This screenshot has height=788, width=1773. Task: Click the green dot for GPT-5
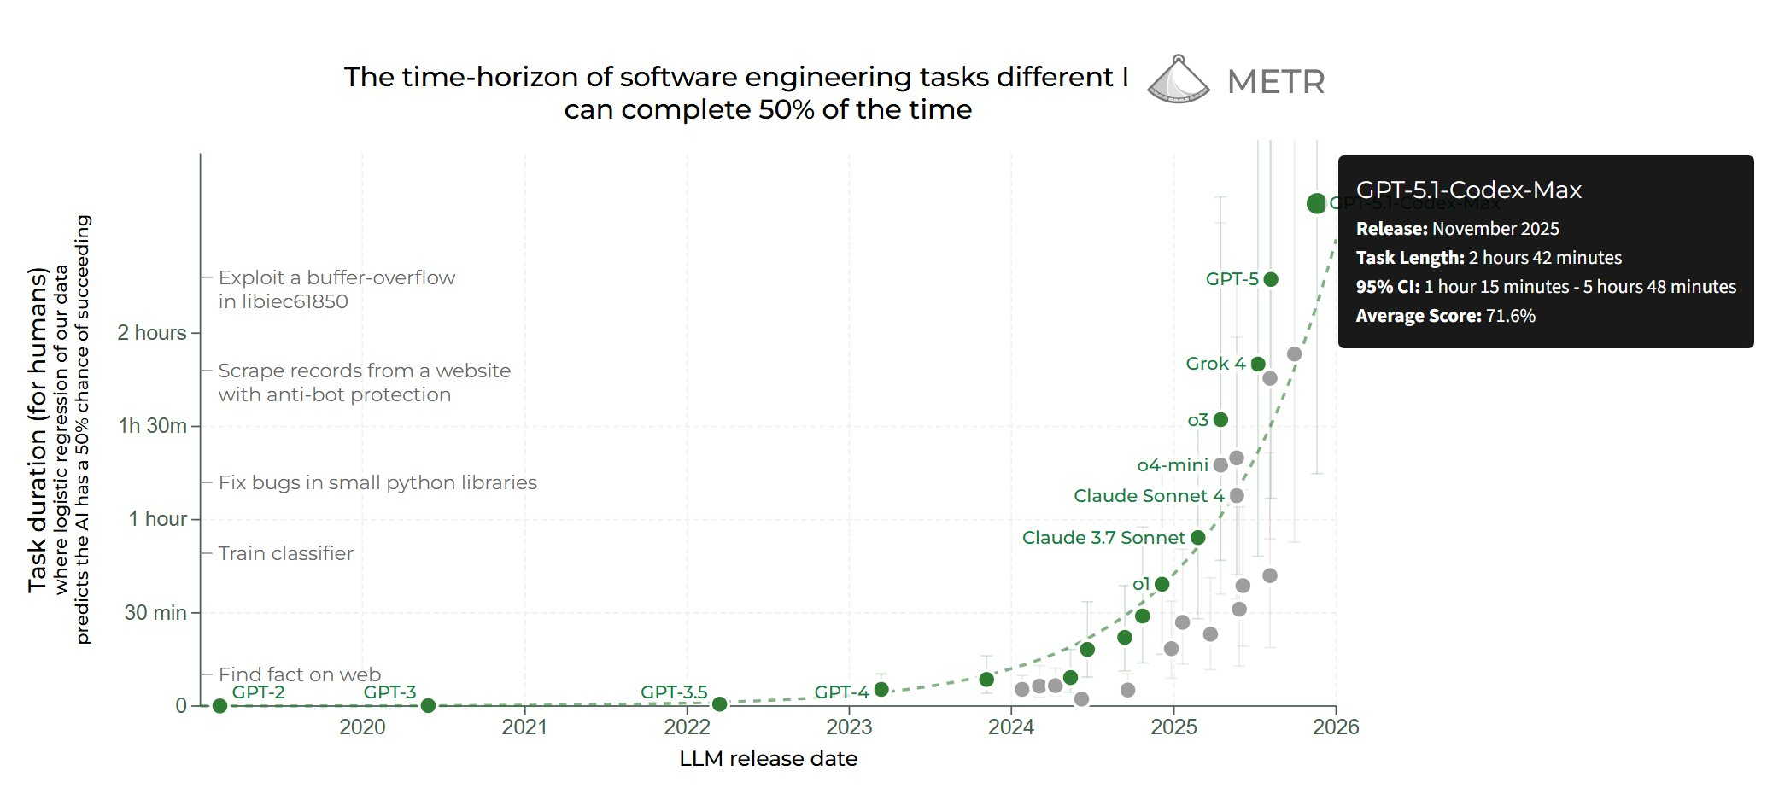1270,279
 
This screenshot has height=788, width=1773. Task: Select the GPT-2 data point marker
219,706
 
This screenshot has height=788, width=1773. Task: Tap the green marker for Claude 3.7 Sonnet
1197,538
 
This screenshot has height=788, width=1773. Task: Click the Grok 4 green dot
1257,364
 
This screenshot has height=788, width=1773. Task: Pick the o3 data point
1220,420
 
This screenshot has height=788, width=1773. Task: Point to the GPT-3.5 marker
719,704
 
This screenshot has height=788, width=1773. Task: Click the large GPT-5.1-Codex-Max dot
1316,203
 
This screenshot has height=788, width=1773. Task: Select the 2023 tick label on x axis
849,727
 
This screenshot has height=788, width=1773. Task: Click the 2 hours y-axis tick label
152,333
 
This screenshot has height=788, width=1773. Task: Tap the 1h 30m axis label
152,426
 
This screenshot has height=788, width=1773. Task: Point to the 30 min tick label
155,613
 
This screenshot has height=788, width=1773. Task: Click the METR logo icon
1178,80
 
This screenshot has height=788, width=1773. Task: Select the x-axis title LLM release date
768,759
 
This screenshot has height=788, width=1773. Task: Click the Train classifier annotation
285,553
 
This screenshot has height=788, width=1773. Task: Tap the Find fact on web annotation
300,674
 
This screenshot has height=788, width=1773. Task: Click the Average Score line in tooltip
1445,316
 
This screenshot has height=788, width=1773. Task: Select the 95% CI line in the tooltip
1545,287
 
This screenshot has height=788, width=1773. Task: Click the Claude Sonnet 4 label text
1148,496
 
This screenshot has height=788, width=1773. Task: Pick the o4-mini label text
1172,465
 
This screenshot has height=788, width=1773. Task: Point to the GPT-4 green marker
881,690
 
